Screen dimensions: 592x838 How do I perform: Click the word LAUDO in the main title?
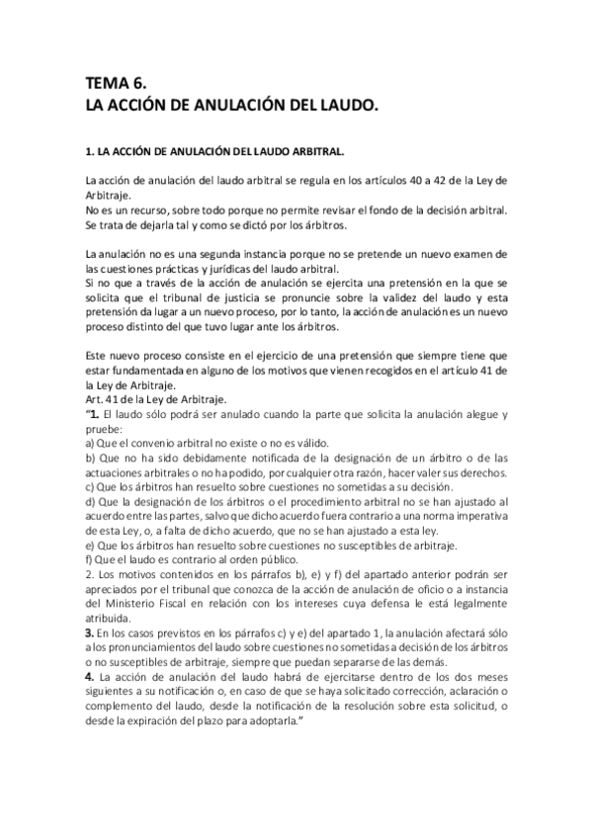(x=340, y=103)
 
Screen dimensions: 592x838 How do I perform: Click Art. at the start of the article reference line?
(x=95, y=398)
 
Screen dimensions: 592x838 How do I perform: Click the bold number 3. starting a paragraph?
(x=92, y=630)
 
